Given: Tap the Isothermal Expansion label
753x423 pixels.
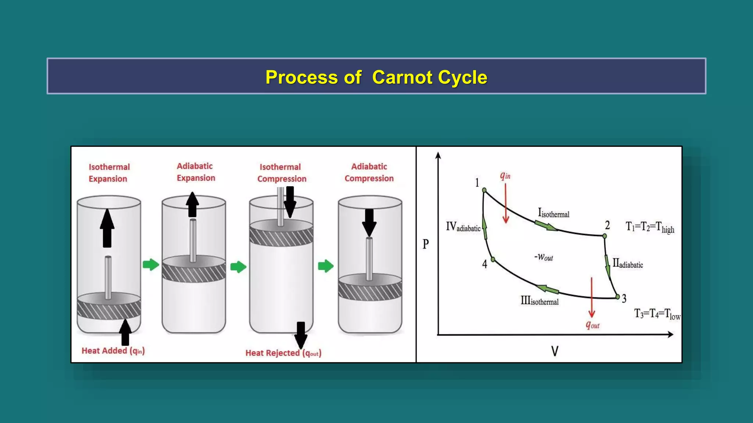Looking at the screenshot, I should point(109,173).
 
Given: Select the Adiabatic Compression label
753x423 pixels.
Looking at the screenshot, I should point(369,172).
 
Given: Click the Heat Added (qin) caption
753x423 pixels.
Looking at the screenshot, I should point(113,351).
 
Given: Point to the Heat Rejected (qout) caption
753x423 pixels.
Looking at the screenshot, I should point(283,353).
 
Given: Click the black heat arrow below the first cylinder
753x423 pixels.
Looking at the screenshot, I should point(125,332).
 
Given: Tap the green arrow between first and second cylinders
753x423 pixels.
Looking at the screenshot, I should point(150,264).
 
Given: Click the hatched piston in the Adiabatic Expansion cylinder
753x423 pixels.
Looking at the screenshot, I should point(194,272).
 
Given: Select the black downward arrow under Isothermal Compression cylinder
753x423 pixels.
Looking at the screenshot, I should point(301,335).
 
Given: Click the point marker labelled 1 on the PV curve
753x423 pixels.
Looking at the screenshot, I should point(484,190).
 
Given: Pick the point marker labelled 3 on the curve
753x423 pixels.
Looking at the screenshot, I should point(618,297).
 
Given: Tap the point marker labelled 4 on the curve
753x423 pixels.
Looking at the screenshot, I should point(493,260).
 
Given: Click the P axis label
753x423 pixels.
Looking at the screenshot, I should point(425,244).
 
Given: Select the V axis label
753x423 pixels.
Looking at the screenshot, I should point(555,351).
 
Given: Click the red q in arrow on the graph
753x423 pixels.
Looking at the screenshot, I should point(506,204).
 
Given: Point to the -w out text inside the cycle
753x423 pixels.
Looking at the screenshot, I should point(543,257).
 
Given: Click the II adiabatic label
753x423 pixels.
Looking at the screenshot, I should point(627,264).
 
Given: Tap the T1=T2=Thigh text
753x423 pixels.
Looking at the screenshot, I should point(650,227).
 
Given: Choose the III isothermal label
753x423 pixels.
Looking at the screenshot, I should point(539,301).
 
